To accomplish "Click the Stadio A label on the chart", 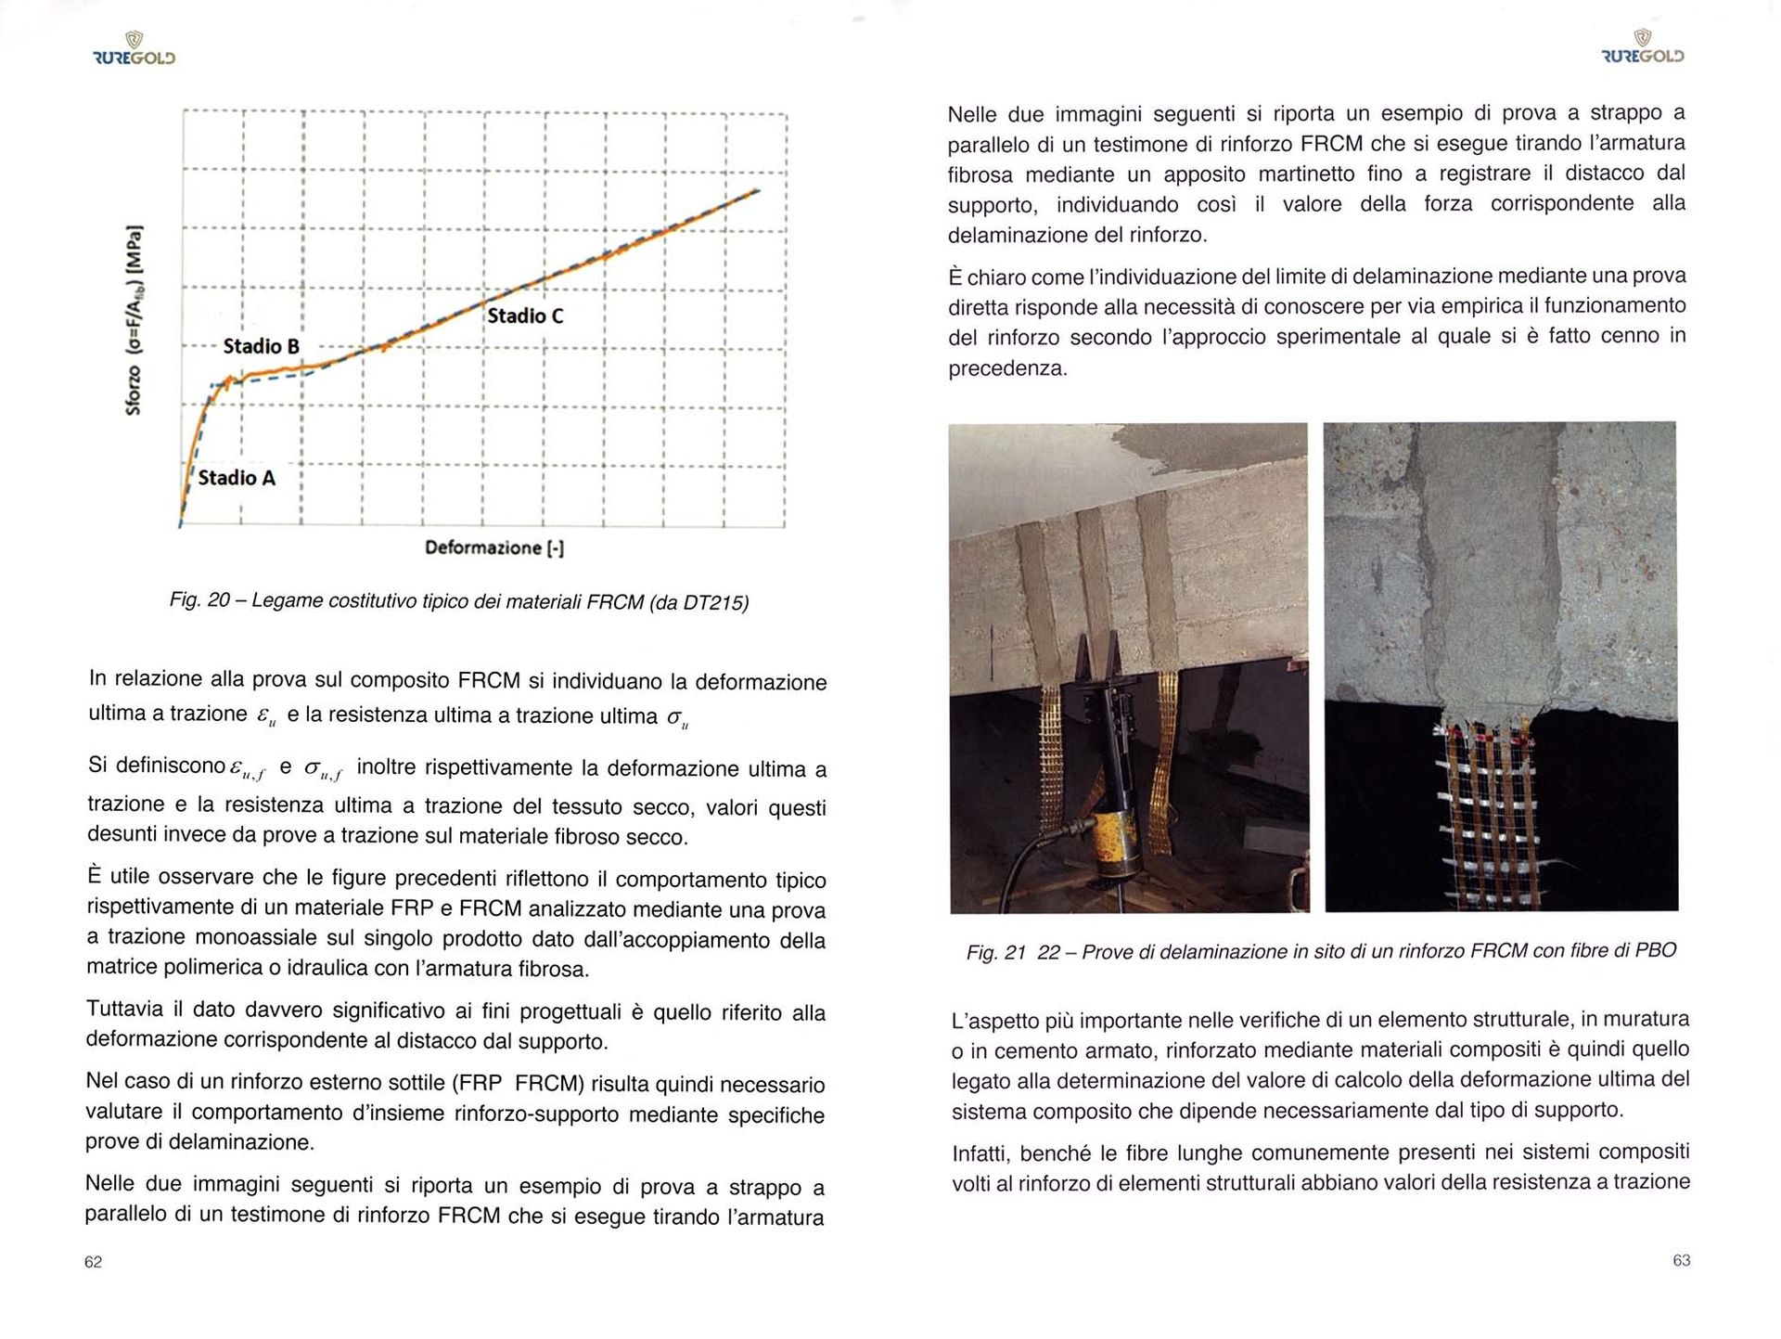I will click(x=237, y=478).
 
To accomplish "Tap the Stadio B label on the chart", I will click(x=261, y=346).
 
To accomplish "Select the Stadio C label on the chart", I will click(x=525, y=315).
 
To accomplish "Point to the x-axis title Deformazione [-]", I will click(x=494, y=547).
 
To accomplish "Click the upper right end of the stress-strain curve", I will click(x=757, y=191).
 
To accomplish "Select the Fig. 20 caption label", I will click(x=199, y=600).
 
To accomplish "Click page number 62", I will click(x=93, y=1262).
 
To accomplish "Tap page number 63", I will click(x=1681, y=1260).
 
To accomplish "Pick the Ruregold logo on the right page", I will click(x=1643, y=48).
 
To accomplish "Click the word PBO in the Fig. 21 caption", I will click(x=1656, y=950).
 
